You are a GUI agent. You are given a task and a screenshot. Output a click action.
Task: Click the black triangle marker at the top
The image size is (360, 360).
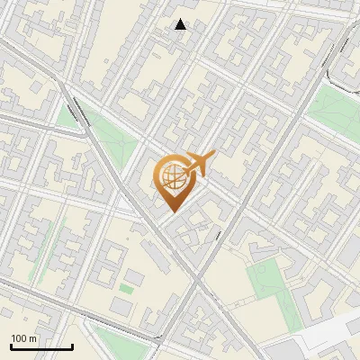[181, 24]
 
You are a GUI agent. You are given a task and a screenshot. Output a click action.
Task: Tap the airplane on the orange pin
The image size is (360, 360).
[196, 165]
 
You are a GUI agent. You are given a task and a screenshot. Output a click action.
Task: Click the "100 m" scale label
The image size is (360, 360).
[24, 338]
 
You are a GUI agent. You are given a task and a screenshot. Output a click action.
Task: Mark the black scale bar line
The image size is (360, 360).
[41, 346]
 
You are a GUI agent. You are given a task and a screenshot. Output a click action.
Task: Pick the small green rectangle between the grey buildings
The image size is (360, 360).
[127, 289]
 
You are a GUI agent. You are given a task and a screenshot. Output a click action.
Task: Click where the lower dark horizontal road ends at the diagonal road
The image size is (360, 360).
[162, 343]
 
